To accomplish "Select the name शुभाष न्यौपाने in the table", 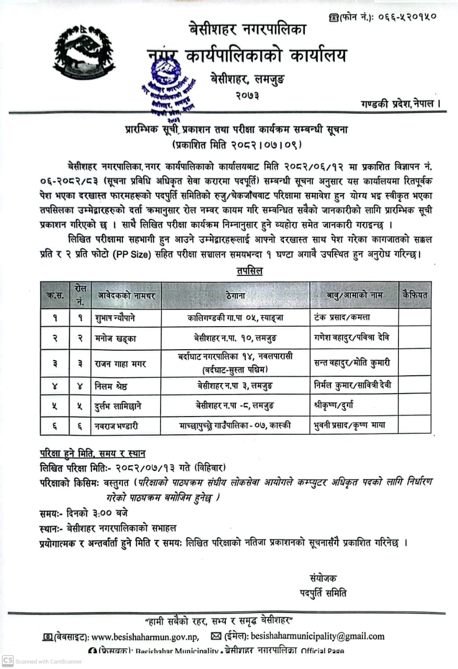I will [x=118, y=318].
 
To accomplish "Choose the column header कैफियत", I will [x=415, y=295].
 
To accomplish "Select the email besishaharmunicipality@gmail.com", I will [x=317, y=637].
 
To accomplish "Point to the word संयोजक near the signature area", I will [x=323, y=578].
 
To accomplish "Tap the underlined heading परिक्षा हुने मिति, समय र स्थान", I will [x=93, y=453].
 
